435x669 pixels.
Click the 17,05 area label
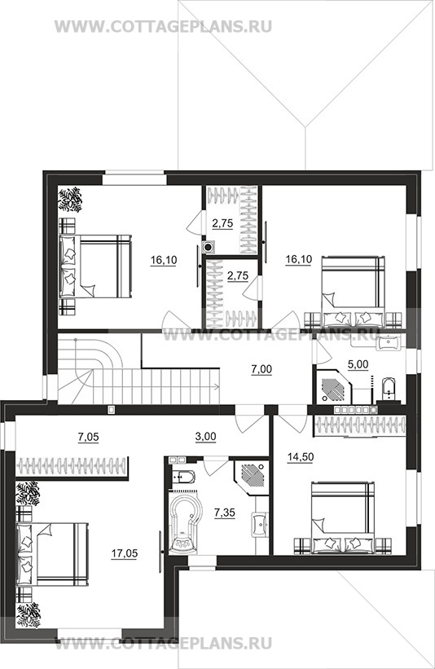125,554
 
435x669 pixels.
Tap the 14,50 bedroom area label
301,457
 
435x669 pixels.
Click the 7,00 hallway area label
261,369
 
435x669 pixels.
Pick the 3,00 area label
206,437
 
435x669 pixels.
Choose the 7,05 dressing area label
87,437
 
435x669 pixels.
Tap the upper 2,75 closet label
222,223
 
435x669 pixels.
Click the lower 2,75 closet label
238,276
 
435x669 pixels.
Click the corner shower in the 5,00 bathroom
333,385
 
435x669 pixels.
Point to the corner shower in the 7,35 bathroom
252,477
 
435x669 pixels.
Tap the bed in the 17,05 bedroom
52,554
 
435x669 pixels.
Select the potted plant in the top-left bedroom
70,200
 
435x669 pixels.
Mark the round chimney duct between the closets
209,246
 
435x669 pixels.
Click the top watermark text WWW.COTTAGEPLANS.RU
164,26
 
